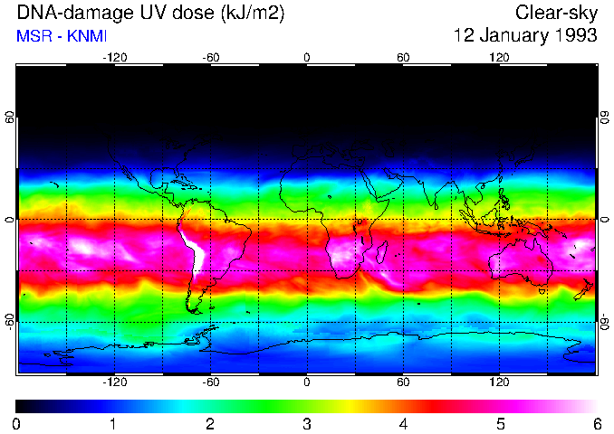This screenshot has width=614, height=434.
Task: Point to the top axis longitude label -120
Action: (x=114, y=57)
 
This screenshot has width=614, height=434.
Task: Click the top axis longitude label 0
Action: (x=307, y=57)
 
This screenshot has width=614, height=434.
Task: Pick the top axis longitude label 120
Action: (x=499, y=57)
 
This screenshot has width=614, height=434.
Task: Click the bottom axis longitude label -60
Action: (x=211, y=382)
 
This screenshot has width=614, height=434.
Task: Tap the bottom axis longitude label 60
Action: (x=403, y=382)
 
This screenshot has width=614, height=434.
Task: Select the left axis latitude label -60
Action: (x=9, y=321)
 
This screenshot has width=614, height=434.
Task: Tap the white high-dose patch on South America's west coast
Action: (x=193, y=249)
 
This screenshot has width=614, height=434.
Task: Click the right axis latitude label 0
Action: (x=605, y=220)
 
